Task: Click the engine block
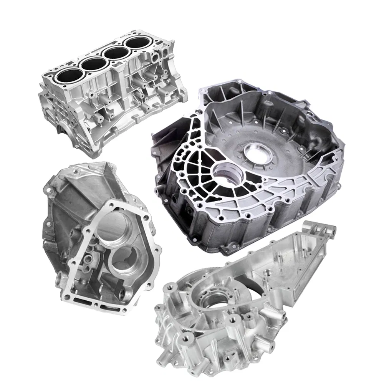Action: point(111,96)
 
